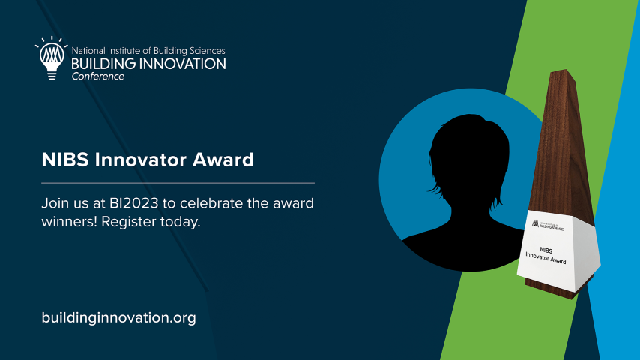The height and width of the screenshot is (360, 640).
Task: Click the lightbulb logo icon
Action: [52, 58]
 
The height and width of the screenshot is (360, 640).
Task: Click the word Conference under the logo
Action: [98, 76]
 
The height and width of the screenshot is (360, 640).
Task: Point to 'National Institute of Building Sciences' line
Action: [148, 51]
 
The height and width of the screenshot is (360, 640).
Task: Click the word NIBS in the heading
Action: [65, 160]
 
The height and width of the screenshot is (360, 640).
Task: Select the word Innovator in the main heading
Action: [141, 160]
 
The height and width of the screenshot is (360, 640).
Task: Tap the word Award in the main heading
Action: [223, 160]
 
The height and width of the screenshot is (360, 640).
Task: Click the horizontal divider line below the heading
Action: [178, 183]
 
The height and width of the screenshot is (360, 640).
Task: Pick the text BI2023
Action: [134, 203]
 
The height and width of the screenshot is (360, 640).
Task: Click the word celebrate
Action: [211, 203]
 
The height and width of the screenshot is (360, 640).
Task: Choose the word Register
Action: [129, 222]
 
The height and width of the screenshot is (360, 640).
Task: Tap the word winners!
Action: [70, 222]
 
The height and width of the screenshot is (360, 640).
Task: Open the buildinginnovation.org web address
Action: [118, 317]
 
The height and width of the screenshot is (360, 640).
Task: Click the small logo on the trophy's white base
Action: [548, 226]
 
